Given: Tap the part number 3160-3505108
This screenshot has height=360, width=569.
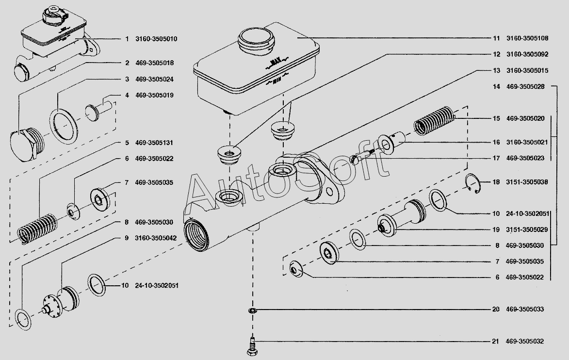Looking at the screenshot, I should pos(527,38).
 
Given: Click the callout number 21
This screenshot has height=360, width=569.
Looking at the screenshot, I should pos(495,342).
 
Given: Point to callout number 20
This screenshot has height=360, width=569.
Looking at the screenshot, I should pos(495,310).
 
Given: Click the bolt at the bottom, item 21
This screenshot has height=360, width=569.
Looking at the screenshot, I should pos(252,345).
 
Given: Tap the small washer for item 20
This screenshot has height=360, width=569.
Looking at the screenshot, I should pos(252,310).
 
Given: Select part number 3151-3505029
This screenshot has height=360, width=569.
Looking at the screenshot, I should pos(525,229).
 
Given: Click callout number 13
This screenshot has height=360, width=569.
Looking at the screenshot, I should pos(496,70).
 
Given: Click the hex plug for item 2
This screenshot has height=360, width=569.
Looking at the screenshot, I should pos(24,144).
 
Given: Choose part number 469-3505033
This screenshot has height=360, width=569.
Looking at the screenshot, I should pos(525,310).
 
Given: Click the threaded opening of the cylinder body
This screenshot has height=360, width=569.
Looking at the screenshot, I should pos(196,234).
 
